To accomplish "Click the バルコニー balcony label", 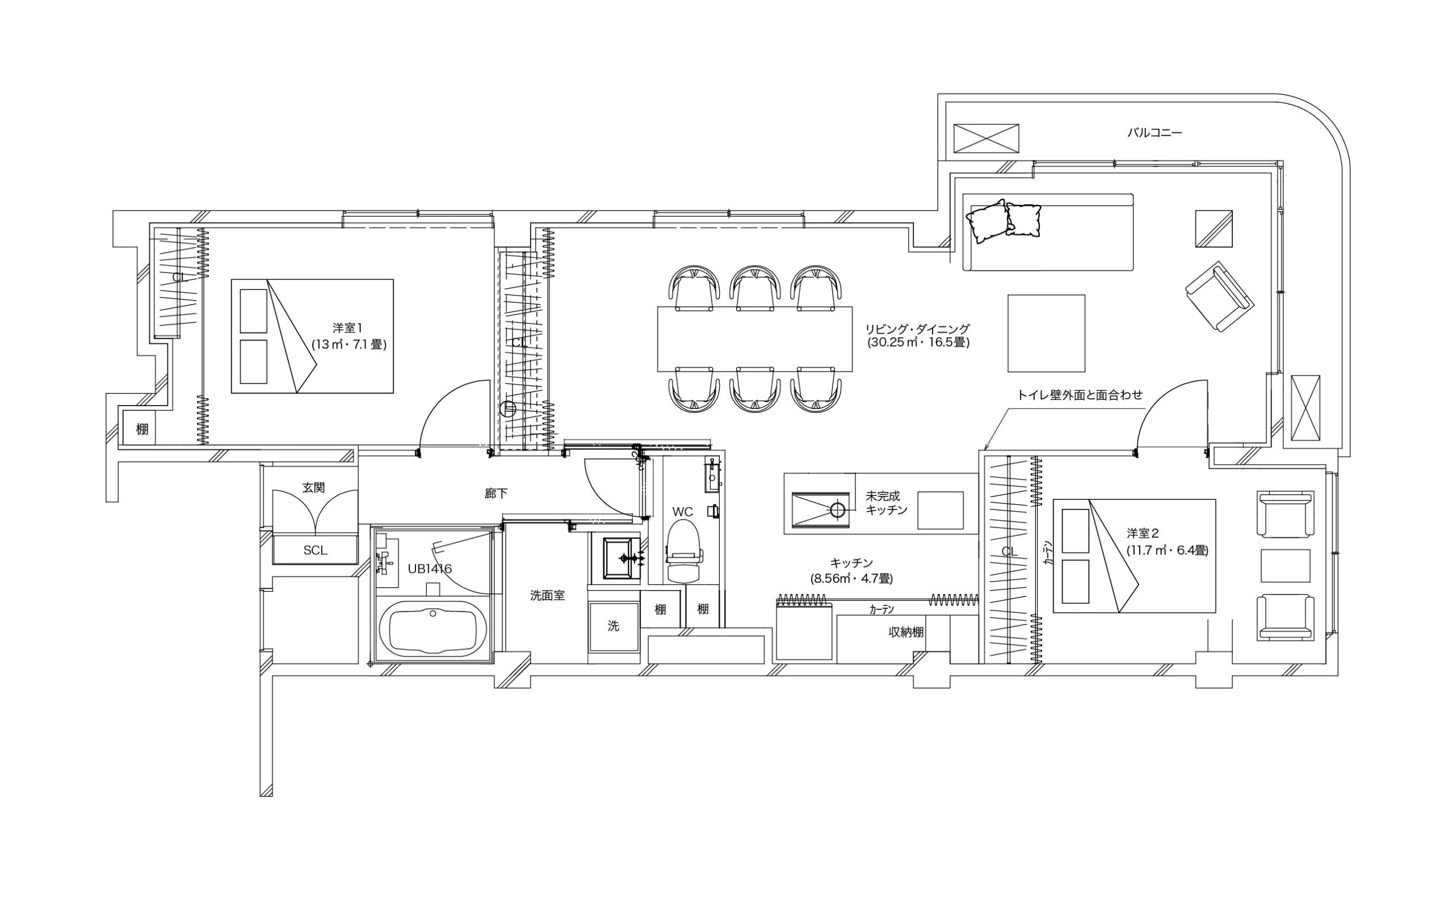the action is click(1154, 133).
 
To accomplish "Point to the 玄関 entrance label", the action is click(314, 488).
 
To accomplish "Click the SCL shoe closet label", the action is click(315, 550).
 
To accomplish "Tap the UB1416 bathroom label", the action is click(430, 569).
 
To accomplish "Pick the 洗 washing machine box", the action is click(614, 626).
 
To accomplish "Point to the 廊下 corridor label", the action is click(496, 494).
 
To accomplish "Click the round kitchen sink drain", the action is click(837, 509).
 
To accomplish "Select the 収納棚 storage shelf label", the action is click(906, 633).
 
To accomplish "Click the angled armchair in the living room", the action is click(1219, 297).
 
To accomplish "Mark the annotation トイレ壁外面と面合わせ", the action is click(1080, 395).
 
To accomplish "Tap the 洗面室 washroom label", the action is click(547, 596).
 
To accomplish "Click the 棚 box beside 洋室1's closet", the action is click(142, 428).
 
